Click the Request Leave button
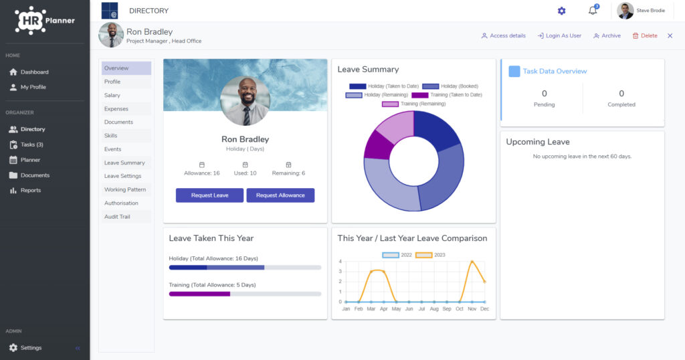[x=209, y=195]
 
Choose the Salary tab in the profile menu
[x=112, y=95]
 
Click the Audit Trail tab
[x=117, y=217]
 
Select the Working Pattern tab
[x=125, y=189]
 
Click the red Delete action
[x=645, y=36]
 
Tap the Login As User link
[x=559, y=36]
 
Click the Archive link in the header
[x=607, y=36]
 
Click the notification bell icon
[x=593, y=10]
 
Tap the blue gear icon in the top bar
[x=562, y=11]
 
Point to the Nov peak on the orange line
[x=472, y=261]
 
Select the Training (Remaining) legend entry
[x=413, y=104]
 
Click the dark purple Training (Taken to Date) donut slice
[x=379, y=146]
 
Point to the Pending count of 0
[x=545, y=94]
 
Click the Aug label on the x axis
[x=434, y=309]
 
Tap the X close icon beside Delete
[x=670, y=36]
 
